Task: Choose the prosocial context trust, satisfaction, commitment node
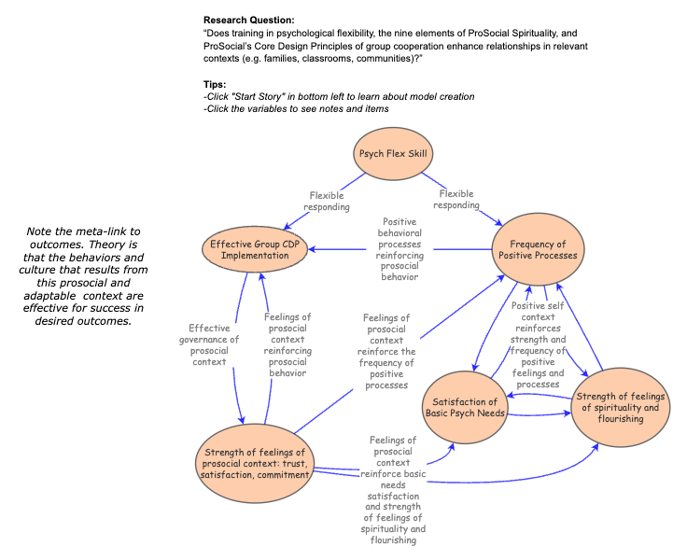[254, 463]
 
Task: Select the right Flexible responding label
[458, 200]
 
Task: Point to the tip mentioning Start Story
[338, 97]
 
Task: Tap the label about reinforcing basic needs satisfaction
[392, 489]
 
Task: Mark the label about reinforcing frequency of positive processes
[386, 351]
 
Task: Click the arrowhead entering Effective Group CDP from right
[315, 249]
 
